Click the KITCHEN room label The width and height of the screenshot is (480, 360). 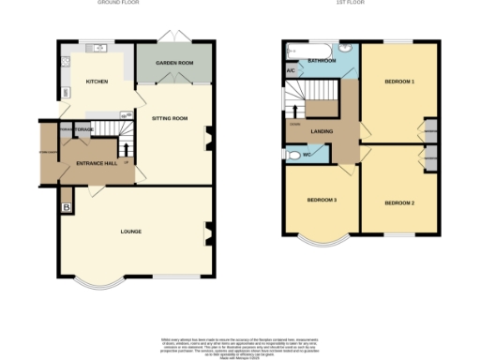click(x=97, y=82)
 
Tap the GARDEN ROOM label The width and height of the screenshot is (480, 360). click(x=173, y=64)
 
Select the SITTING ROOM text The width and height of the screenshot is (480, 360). click(x=171, y=119)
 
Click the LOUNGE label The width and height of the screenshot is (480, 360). click(x=130, y=230)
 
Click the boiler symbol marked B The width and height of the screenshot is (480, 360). click(x=67, y=207)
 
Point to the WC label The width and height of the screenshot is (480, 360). click(x=307, y=155)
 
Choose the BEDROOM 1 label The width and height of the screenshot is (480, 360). click(x=398, y=82)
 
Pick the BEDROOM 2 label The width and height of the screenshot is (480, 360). click(x=398, y=202)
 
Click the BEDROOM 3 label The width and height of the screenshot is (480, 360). click(x=322, y=201)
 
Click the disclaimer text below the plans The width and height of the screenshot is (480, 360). click(x=240, y=342)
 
